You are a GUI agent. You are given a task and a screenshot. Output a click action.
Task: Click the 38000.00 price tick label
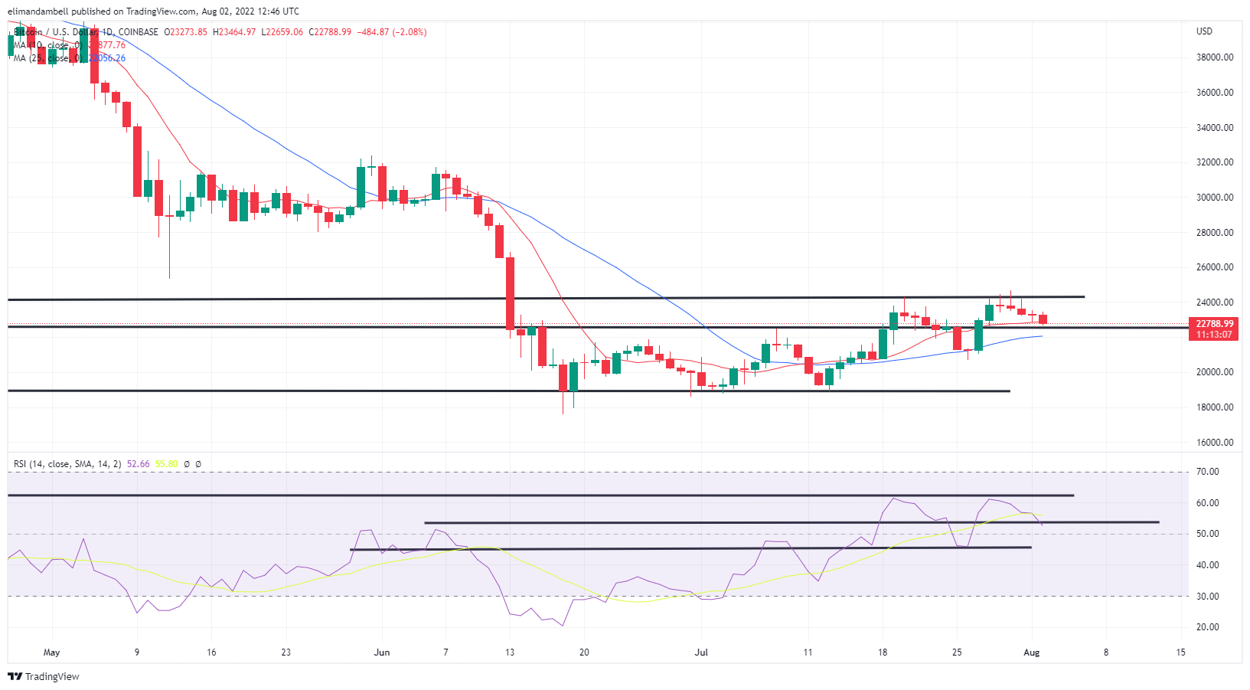(1215, 57)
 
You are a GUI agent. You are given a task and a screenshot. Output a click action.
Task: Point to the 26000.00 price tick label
(1215, 267)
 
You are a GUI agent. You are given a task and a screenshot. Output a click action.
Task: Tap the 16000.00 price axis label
(1215, 443)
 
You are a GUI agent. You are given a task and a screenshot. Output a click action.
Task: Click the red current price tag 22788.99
(1215, 324)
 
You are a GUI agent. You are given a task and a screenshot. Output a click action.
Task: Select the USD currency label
(1204, 31)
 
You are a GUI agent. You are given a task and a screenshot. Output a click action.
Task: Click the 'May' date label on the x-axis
(51, 652)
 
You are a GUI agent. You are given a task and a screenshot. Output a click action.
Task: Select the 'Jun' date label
(381, 652)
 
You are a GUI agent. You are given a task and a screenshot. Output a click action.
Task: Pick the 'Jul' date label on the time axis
(700, 652)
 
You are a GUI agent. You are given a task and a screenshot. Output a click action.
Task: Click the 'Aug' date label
(1031, 652)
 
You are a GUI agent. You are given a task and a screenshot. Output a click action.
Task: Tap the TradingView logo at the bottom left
(44, 676)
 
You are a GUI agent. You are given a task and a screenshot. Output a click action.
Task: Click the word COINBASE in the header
(139, 32)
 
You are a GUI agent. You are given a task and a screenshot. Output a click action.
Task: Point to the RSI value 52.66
(139, 464)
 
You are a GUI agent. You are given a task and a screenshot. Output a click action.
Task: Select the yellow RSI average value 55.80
(166, 464)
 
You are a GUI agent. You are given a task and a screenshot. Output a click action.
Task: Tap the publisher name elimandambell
(38, 11)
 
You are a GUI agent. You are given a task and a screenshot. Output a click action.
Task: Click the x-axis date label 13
(510, 652)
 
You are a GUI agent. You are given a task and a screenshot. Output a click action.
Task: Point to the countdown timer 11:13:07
(1215, 335)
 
